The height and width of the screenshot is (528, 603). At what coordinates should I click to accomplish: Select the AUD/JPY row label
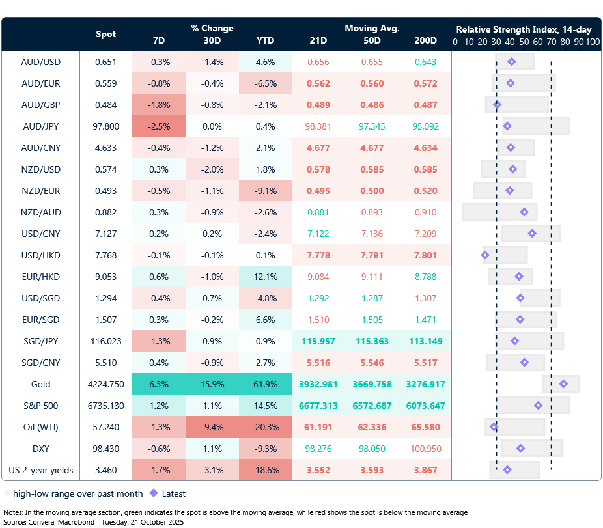[x=41, y=126]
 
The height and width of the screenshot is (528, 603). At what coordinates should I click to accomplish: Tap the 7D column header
[x=158, y=40]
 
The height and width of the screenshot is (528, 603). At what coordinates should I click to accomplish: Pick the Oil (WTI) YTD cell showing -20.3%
[x=265, y=427]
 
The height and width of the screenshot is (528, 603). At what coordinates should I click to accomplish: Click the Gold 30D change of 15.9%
[x=212, y=384]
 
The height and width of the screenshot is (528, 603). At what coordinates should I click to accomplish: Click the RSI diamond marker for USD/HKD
[x=484, y=255]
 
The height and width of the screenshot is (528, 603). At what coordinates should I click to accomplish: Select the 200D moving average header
[x=425, y=40]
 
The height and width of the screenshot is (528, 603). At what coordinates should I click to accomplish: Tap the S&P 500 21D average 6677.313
[x=318, y=406]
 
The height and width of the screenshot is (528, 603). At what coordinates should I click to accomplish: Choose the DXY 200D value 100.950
[x=425, y=449]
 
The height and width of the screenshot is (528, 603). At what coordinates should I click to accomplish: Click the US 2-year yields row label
[x=41, y=470]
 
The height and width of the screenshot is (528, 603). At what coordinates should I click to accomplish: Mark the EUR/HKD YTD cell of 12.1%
[x=265, y=277]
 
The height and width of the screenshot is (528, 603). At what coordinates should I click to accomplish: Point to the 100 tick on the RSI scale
[x=592, y=42]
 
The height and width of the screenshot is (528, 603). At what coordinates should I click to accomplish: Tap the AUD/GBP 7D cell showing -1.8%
[x=158, y=105]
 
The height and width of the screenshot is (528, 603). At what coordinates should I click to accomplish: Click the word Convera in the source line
[x=43, y=522]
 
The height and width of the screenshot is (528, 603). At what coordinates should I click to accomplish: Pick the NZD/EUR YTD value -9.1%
[x=265, y=191]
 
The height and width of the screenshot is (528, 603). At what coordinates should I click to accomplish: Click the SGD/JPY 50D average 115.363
[x=372, y=341]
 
